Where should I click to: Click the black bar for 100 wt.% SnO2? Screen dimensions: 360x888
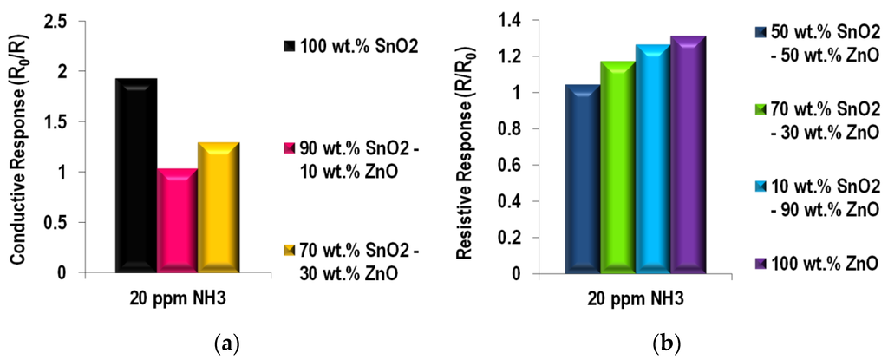[x=136, y=174]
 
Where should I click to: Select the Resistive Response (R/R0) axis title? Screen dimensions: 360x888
[x=467, y=146]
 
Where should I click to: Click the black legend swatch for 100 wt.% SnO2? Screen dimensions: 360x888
[x=289, y=45]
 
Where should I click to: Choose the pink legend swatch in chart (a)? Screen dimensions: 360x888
[x=289, y=144]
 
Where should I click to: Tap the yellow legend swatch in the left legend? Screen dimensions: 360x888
[x=289, y=252]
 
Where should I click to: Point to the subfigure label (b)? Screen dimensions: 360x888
[x=667, y=346]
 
